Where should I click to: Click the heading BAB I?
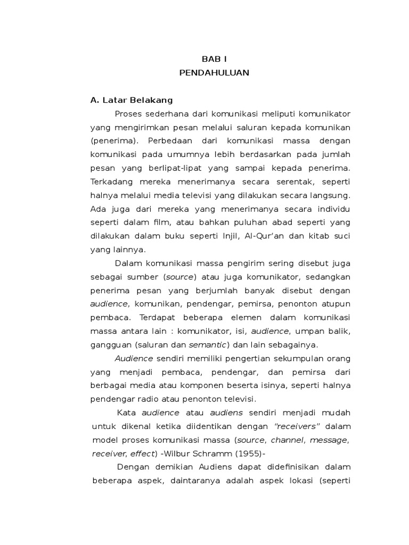click(x=214, y=59)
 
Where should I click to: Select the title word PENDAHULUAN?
click(x=214, y=73)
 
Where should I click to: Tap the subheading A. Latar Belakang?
click(x=132, y=100)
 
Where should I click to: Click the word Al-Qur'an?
click(x=279, y=236)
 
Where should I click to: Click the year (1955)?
click(x=251, y=453)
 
